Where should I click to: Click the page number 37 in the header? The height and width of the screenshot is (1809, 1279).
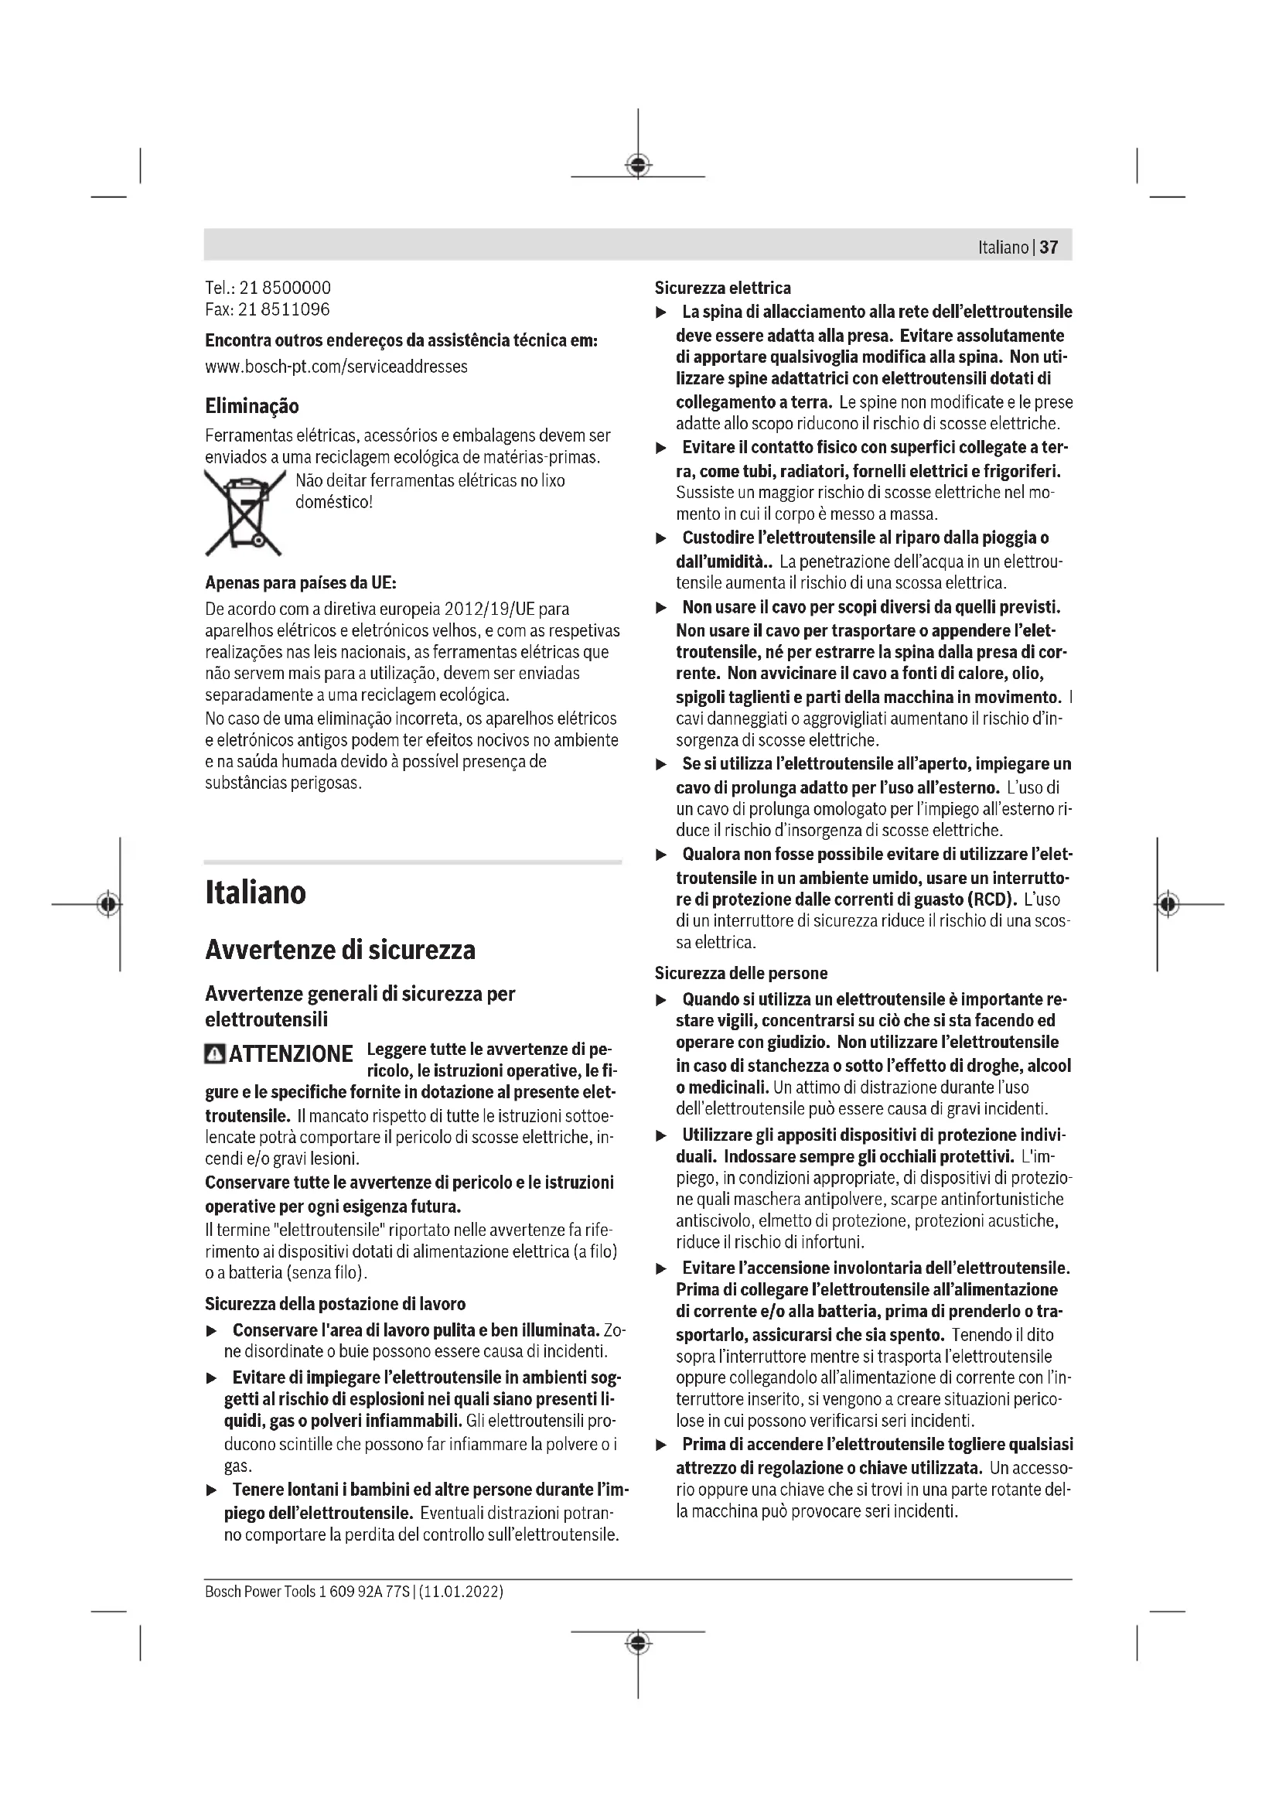point(1049,247)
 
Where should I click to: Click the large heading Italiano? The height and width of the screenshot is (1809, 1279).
point(255,893)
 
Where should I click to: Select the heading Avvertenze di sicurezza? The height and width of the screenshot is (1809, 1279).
point(340,950)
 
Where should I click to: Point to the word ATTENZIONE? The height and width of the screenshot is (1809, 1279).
point(290,1054)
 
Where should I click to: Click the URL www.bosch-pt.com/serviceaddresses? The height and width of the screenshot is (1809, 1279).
point(336,367)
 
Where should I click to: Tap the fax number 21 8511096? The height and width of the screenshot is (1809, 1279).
point(284,309)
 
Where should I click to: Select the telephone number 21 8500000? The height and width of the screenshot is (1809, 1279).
point(285,288)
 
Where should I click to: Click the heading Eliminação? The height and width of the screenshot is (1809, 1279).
point(252,407)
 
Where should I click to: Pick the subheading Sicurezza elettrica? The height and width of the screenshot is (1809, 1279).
point(722,288)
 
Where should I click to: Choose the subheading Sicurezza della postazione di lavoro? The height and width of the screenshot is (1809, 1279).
point(335,1303)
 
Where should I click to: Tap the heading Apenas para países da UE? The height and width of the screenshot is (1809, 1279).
point(301,583)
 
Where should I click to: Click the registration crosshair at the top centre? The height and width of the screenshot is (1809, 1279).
point(638,165)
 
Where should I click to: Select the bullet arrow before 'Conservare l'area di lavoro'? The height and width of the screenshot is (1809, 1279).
point(210,1331)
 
